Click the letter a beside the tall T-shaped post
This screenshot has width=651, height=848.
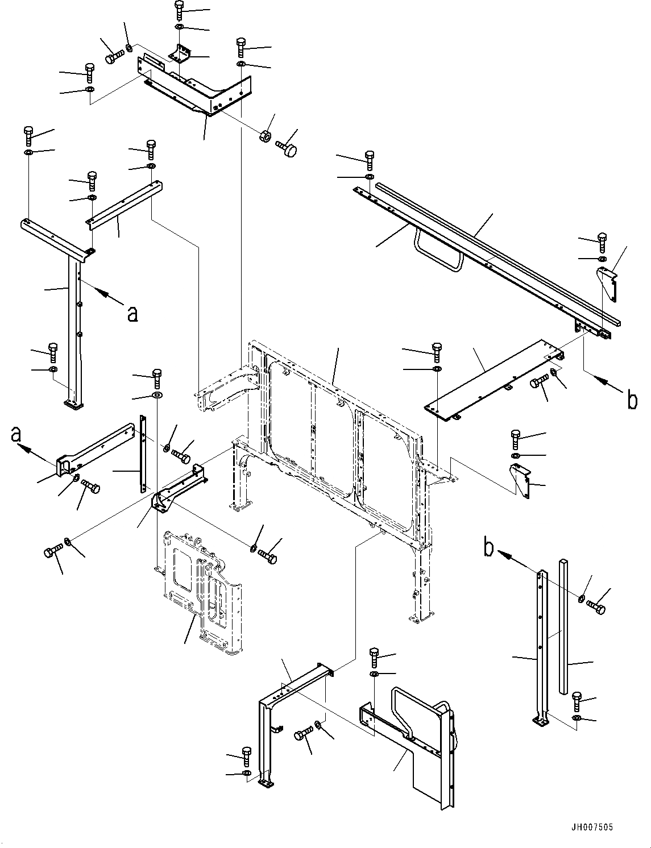132,313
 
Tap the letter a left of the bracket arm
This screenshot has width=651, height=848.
17,435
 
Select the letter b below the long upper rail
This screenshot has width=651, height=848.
632,401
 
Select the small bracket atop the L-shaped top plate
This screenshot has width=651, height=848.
181,55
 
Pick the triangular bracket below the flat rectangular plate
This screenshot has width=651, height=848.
519,480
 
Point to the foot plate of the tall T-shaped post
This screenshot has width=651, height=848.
73,404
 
